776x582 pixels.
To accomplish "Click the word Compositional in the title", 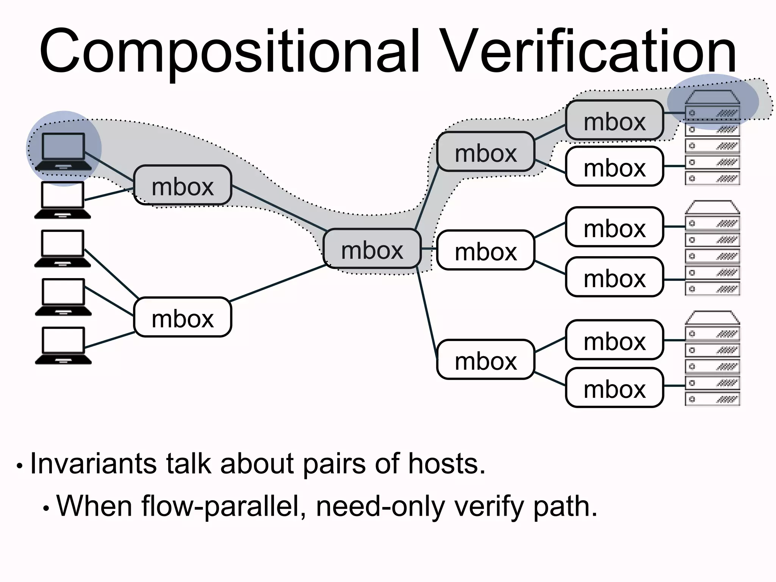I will tap(229, 51).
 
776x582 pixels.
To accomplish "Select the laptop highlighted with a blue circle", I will tap(63, 150).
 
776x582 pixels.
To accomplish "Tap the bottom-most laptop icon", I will tap(63, 345).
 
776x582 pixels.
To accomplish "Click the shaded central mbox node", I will tap(372, 249).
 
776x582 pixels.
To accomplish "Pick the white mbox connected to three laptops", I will tap(183, 317).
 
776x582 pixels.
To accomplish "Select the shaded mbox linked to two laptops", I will tap(183, 185).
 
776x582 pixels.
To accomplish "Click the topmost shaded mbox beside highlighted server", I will tap(614, 120).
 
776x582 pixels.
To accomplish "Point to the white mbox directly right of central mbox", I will tap(485, 250).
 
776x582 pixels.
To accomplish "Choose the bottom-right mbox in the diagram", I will tap(614, 388).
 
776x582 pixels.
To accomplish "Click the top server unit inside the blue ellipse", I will tap(712, 113).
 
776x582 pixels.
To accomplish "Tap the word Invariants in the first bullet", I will tap(92, 464).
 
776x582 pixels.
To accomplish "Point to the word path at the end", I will tap(565, 507).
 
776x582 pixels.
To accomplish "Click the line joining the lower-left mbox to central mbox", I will tap(278, 283).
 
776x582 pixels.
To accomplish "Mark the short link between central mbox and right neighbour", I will tap(429, 249).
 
